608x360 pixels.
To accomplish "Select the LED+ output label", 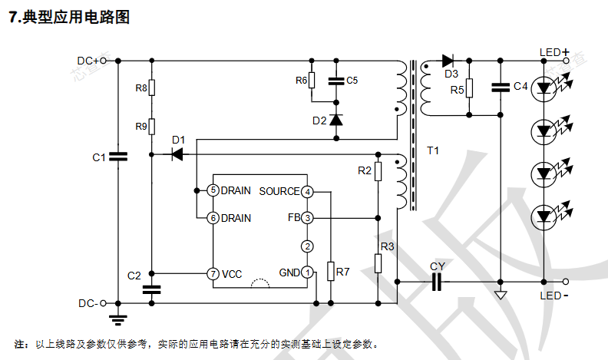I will tap(550, 52).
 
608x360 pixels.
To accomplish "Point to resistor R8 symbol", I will tap(152, 88).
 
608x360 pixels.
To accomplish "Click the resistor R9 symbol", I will tap(152, 126).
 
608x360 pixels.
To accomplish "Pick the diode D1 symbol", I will tap(177, 154).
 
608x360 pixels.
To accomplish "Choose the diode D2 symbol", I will tap(336, 120).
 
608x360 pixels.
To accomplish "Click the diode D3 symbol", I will tap(448, 61).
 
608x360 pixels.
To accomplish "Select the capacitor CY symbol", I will tap(438, 282).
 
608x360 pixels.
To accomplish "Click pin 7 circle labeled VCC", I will tap(213, 273).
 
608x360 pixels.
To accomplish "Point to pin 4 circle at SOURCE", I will tap(307, 191).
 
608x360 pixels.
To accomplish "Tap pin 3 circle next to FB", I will tap(307, 218).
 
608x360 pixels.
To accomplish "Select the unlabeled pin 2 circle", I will tap(307, 246).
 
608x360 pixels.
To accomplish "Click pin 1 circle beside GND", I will tap(307, 272).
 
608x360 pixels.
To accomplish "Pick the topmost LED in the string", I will tap(545, 88).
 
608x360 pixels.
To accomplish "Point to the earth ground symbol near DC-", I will tap(117, 318).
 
